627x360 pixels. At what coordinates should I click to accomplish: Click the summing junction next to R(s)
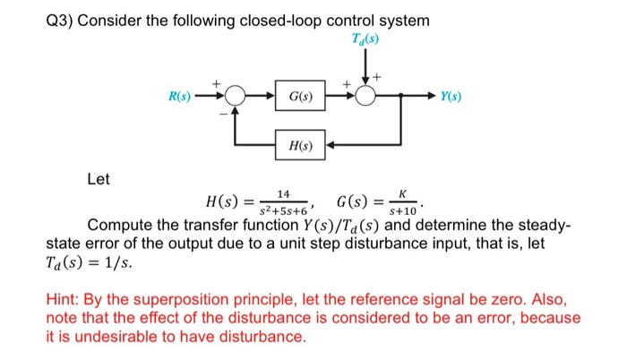236,95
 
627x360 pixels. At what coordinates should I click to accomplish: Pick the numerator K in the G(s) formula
404,193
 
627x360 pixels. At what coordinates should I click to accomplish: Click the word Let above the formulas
98,179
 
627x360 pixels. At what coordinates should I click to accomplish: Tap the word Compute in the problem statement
120,224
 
